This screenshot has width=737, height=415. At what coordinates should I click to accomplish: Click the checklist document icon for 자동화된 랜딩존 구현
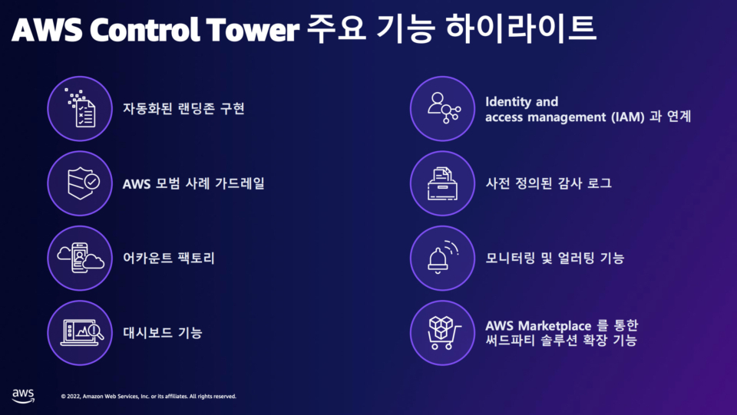pyautogui.click(x=80, y=108)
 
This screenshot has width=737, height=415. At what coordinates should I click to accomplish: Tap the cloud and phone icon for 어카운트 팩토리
pyautogui.click(x=80, y=259)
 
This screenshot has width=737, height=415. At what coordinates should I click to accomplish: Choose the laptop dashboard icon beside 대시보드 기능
pyautogui.click(x=80, y=333)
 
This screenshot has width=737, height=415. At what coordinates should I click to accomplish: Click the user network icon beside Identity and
pyautogui.click(x=442, y=108)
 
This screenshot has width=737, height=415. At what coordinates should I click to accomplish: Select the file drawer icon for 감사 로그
pyautogui.click(x=442, y=183)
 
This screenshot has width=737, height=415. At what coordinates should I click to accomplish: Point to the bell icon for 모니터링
pyautogui.click(x=442, y=259)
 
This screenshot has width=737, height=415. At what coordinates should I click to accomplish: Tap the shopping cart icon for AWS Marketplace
pyautogui.click(x=442, y=333)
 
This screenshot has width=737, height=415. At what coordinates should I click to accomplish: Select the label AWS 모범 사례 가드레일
pyautogui.click(x=193, y=184)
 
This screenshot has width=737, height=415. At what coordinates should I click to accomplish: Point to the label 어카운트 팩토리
pyautogui.click(x=169, y=259)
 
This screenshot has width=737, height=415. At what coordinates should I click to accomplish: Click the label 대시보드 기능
pyautogui.click(x=163, y=333)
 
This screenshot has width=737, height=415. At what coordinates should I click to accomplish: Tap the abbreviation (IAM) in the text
pyautogui.click(x=633, y=117)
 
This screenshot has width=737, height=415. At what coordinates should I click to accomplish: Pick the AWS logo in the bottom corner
pyautogui.click(x=23, y=395)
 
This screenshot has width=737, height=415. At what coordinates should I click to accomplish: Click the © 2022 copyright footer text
pyautogui.click(x=148, y=397)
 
